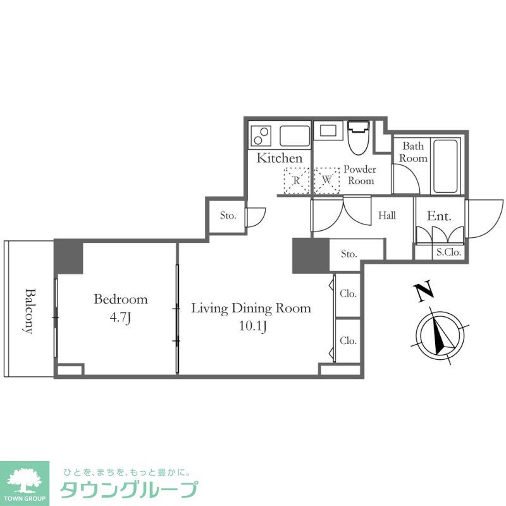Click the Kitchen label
[x=279, y=158]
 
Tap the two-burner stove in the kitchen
[x=261, y=135]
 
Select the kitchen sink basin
[x=294, y=135]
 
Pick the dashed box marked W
[x=327, y=180]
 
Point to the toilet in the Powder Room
[x=358, y=138]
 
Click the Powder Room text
[x=359, y=175]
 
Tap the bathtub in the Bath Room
[x=447, y=166]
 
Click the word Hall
[x=387, y=216]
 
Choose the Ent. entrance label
[x=439, y=216]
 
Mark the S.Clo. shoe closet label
[x=448, y=252]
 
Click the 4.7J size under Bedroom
[x=121, y=318]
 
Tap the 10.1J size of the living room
[x=251, y=326]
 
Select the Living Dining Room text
[x=251, y=309]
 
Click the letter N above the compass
[x=424, y=292]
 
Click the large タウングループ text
[x=128, y=490]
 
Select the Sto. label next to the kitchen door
[x=228, y=216]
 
